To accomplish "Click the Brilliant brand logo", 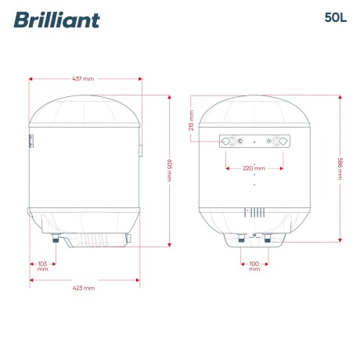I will (56, 19).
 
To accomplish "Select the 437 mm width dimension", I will (84, 79).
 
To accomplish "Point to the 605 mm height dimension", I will (170, 170).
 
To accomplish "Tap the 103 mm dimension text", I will (42, 264).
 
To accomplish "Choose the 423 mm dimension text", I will (84, 288).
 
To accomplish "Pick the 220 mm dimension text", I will (254, 167).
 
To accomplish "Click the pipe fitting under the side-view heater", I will (56, 239).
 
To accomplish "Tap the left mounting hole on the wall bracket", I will (227, 142).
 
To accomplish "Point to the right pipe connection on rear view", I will (268, 239).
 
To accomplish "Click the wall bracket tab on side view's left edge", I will (31, 141).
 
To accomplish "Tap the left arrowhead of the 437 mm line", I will (31, 79).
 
